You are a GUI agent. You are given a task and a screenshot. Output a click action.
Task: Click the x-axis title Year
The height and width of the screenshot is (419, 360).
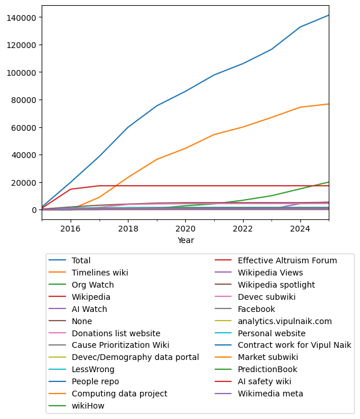[185, 240]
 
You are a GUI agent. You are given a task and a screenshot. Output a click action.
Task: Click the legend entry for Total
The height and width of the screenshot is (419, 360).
[81, 260]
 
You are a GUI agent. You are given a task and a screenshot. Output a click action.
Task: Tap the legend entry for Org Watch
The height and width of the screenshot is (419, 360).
[93, 285]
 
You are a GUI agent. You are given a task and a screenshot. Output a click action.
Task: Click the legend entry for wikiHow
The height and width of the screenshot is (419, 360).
[87, 406]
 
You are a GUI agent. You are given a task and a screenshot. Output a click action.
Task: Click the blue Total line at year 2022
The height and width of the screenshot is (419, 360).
[243, 63]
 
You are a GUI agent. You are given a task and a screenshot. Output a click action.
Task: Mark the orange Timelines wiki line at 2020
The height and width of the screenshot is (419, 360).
[185, 148]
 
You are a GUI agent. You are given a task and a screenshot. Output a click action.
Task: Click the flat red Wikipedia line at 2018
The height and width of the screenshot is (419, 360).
[128, 186]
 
